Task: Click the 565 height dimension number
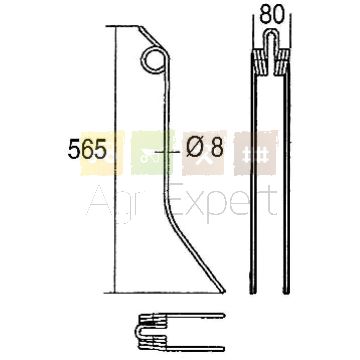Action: point(87,149)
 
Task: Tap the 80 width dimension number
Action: point(272,15)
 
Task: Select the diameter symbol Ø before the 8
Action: point(195,148)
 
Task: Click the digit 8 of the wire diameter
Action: point(217,148)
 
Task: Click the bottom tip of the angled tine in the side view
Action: point(223,291)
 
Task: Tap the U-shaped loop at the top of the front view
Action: point(272,32)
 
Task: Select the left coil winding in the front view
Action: point(260,62)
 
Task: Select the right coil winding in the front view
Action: point(283,62)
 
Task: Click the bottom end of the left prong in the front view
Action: point(253,293)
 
